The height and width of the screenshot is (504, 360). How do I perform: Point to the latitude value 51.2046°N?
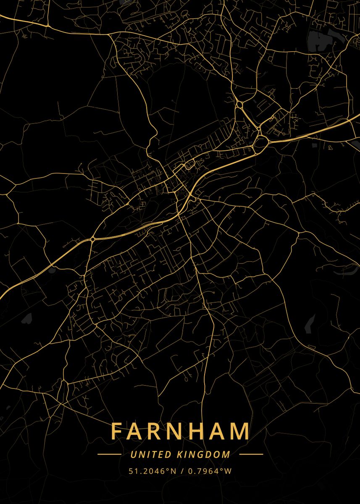tap(152, 471)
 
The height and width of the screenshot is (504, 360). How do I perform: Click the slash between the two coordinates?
tap(181, 471)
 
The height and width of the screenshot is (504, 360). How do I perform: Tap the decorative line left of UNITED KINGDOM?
tap(109, 454)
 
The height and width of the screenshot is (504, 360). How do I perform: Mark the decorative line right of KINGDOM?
tap(251, 454)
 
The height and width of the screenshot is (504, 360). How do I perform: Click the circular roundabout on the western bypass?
tap(92, 239)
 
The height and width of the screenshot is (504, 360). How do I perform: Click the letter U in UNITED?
tap(133, 454)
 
